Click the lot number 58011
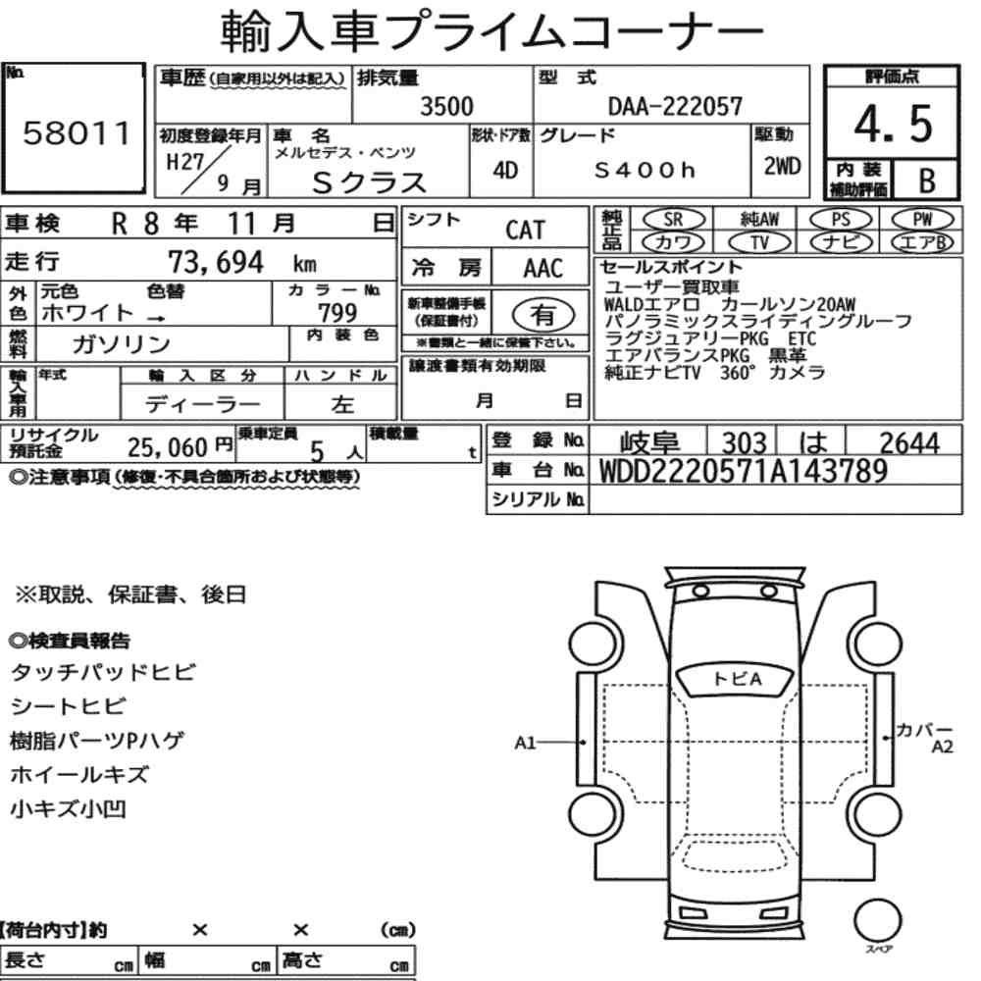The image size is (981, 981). (x=77, y=133)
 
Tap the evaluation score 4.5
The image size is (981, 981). (x=893, y=124)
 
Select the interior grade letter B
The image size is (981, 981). (x=927, y=181)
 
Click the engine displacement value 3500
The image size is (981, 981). (x=446, y=106)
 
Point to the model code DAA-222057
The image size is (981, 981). (x=675, y=106)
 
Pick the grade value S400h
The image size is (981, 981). (x=645, y=170)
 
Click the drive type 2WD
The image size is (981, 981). (x=782, y=167)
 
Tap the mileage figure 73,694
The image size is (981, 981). (x=216, y=262)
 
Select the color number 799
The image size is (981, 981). (x=337, y=312)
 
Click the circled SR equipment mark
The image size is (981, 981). (x=673, y=220)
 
